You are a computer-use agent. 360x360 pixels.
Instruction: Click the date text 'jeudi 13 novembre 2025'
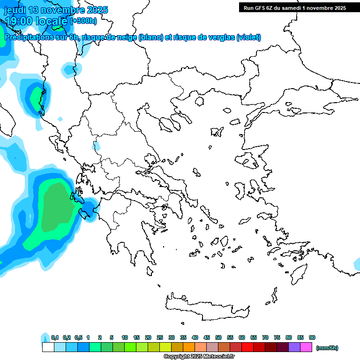[56, 10]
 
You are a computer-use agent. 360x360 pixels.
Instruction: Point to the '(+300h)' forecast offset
[83, 21]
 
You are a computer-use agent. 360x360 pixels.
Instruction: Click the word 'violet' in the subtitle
[248, 37]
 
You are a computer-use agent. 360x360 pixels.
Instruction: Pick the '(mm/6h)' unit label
[327, 348]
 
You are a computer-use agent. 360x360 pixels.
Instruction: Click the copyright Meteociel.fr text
[198, 357]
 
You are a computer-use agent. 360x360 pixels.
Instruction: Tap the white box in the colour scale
[48, 347]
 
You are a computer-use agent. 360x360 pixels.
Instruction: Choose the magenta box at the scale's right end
[307, 347]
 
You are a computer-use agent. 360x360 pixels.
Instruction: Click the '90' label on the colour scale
[312, 337]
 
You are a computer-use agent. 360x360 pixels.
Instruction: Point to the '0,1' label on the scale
[54, 337]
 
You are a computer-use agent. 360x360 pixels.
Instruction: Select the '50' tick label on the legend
[218, 337]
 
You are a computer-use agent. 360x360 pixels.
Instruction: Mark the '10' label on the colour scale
[125, 337]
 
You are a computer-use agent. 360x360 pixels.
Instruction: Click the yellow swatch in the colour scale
[165, 347]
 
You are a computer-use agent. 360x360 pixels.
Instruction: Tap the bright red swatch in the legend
[247, 347]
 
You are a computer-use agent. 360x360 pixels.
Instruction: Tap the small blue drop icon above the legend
[45, 337]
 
